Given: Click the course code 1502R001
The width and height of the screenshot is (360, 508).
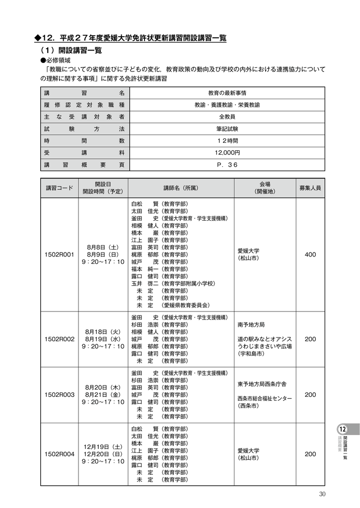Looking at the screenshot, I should [x=59, y=254].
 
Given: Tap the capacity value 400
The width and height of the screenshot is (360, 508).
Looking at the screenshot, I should [x=310, y=254].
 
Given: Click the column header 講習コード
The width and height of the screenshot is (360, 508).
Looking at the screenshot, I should [x=59, y=188].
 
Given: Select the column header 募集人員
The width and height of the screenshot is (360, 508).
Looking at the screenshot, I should [x=310, y=188].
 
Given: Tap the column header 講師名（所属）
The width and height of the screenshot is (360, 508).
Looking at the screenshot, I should [x=181, y=188].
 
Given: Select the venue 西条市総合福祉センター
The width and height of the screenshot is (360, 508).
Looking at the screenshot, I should [x=265, y=398].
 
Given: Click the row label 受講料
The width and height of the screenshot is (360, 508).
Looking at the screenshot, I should [x=83, y=153].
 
